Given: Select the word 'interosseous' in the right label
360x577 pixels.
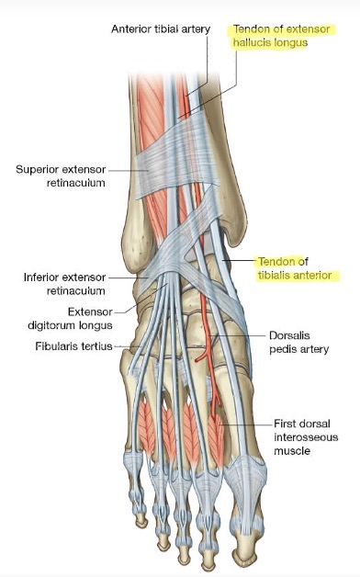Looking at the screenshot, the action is (305, 436).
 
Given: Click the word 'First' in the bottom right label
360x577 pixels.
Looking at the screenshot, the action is (285, 424).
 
